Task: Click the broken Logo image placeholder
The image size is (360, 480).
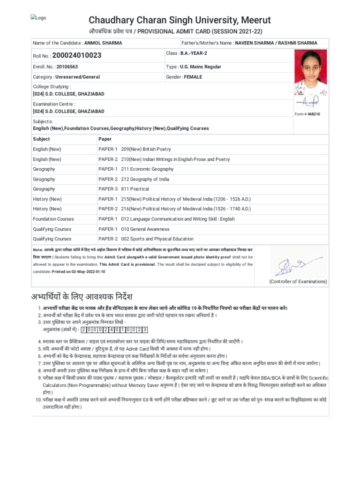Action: (38, 18)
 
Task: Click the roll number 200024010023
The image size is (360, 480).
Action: (76, 55)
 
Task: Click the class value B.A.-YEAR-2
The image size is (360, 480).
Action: (194, 53)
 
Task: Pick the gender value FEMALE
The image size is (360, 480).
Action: (193, 76)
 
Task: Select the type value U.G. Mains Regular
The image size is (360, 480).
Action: (200, 67)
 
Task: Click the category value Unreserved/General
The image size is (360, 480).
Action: (77, 77)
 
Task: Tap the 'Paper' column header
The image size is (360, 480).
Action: (105, 139)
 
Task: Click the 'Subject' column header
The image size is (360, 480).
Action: (41, 139)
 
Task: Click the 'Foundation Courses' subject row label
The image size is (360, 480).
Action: (53, 219)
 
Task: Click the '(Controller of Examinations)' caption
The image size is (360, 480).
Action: (298, 281)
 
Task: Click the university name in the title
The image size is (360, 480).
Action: (180, 20)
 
